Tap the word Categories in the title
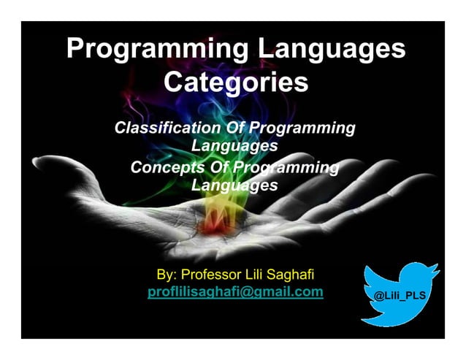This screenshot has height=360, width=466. [x=235, y=82]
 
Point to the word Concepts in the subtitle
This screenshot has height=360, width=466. [x=164, y=168]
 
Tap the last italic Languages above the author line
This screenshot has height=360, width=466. [x=234, y=185]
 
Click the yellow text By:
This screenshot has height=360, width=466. [x=167, y=275]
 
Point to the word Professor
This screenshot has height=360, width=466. [x=213, y=275]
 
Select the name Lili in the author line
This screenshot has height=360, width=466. [x=260, y=275]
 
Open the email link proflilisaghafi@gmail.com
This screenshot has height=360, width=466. [x=235, y=292]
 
